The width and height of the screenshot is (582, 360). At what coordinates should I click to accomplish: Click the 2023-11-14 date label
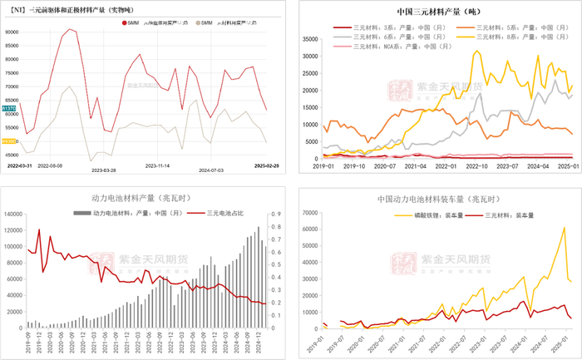pos(153,167)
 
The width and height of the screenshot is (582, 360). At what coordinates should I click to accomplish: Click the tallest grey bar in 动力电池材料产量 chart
pos(258,227)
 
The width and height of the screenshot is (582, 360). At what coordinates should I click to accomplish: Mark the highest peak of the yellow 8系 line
pos(477,52)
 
